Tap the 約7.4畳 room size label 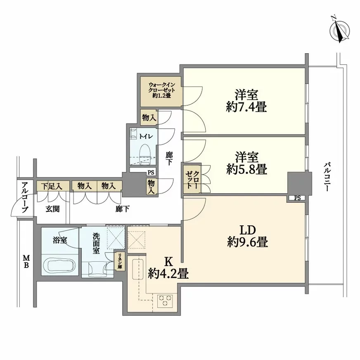point(246,107)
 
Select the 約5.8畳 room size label point(246,169)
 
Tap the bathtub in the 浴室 point(59,265)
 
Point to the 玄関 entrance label point(52,209)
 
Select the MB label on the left point(25,261)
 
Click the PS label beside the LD point(297,198)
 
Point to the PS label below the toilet point(151,173)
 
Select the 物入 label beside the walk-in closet point(149,118)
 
